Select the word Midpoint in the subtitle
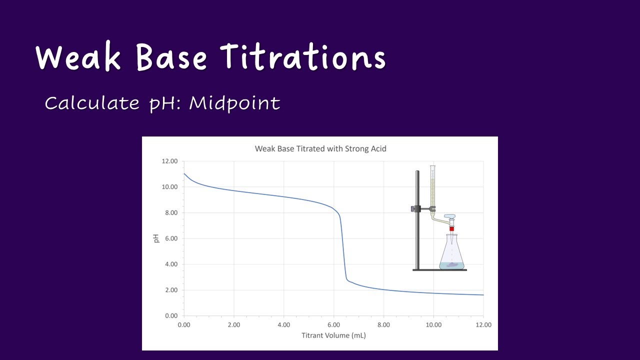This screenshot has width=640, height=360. tap(234, 103)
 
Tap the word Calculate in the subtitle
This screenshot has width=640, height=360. tap(92, 103)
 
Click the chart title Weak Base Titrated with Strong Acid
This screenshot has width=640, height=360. tap(320, 148)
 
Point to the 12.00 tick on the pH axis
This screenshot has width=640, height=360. tap(168, 161)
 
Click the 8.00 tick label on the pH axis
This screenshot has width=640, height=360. tap(169, 212)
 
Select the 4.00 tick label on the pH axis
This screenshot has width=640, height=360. tap(169, 264)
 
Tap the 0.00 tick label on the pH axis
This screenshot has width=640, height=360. tap(169, 315)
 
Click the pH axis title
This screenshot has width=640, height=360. tap(156, 238)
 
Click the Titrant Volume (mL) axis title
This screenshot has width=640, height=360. tap(333, 335)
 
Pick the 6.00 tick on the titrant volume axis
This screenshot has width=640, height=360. tap(333, 324)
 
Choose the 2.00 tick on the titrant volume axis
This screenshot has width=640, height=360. tap(233, 324)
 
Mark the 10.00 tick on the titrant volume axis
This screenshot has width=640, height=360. tap(433, 324)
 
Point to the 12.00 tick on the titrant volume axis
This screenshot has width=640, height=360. tap(483, 324)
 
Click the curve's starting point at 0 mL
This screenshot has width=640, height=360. tap(184, 173)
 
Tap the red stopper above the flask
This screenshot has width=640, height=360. tap(451, 228)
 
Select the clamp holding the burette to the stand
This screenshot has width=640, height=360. tap(422, 208)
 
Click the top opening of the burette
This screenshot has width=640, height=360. tap(432, 167)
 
